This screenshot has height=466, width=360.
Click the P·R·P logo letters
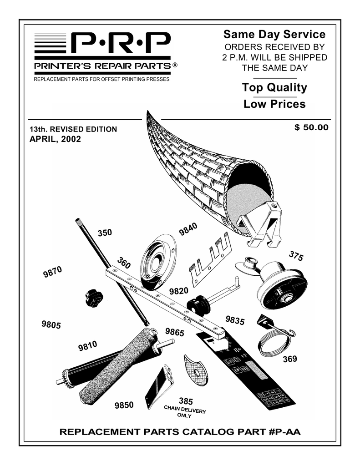(x=121, y=45)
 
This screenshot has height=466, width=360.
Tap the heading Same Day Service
(x=274, y=35)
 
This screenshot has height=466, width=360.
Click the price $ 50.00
(x=311, y=127)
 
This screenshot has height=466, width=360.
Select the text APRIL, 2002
(x=55, y=139)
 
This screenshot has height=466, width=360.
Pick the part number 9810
(x=87, y=347)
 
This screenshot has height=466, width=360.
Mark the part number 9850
(x=124, y=405)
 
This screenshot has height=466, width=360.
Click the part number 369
(x=290, y=359)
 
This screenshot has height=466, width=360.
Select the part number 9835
(x=235, y=320)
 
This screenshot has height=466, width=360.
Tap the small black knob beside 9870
(x=94, y=298)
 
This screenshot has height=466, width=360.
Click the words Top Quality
(x=274, y=87)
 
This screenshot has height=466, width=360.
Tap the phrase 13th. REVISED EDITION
(x=73, y=129)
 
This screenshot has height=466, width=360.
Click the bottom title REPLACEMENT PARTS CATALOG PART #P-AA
(x=180, y=432)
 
